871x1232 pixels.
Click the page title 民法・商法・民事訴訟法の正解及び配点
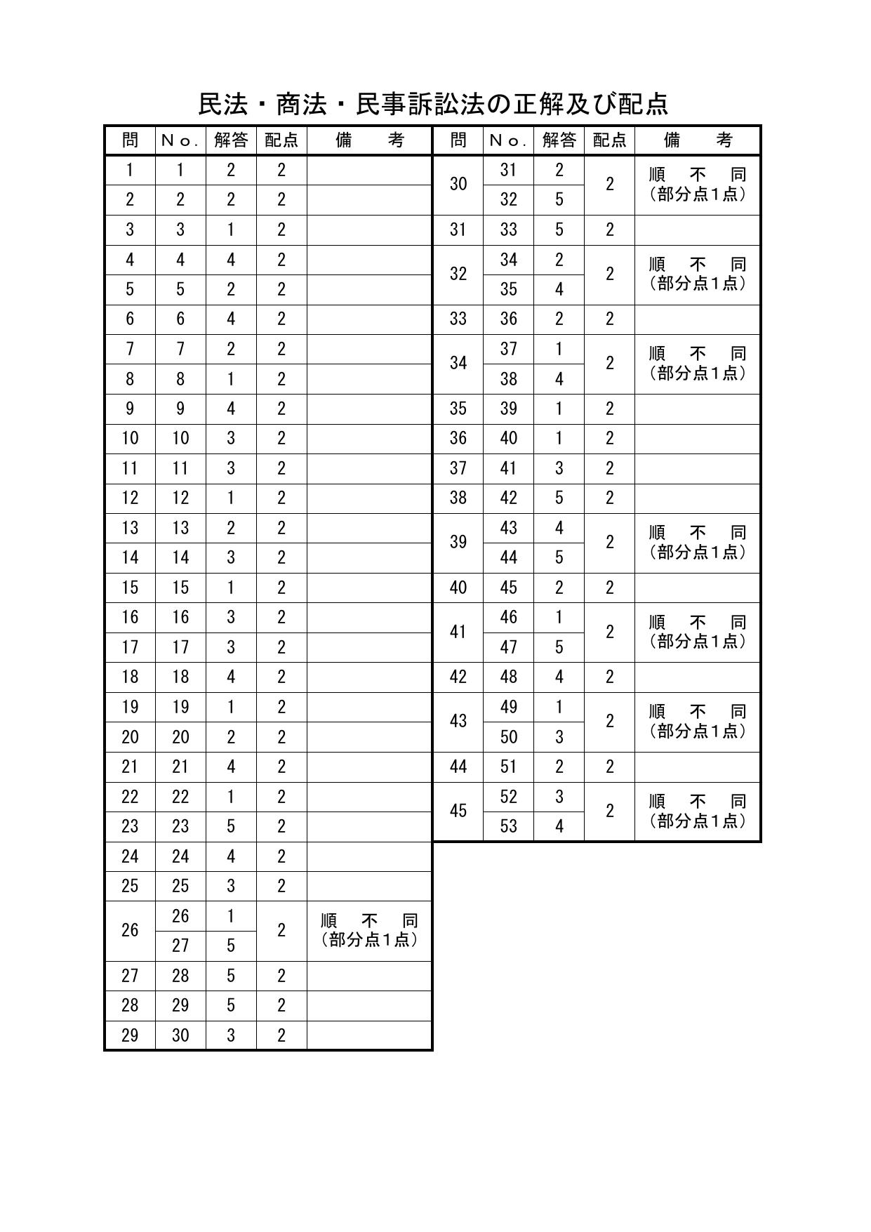433,104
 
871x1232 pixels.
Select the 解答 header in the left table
231,140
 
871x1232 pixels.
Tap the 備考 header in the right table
698,140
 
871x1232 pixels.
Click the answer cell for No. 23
231,826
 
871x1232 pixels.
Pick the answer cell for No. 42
559,498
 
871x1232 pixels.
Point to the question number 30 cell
458,184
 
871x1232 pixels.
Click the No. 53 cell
508,826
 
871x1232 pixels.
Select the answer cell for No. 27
231,946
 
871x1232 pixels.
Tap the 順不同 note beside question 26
369,930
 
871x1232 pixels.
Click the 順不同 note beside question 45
698,811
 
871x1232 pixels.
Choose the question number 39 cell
458,542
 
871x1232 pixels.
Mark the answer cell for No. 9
231,409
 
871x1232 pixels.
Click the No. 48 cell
508,677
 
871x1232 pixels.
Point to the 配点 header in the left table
281,140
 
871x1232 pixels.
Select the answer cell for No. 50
559,737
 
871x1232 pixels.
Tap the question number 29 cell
130,1035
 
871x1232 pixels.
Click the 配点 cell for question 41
609,632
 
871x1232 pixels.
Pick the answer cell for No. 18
231,677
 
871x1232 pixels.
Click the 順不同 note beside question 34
698,363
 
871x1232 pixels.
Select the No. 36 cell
508,319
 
